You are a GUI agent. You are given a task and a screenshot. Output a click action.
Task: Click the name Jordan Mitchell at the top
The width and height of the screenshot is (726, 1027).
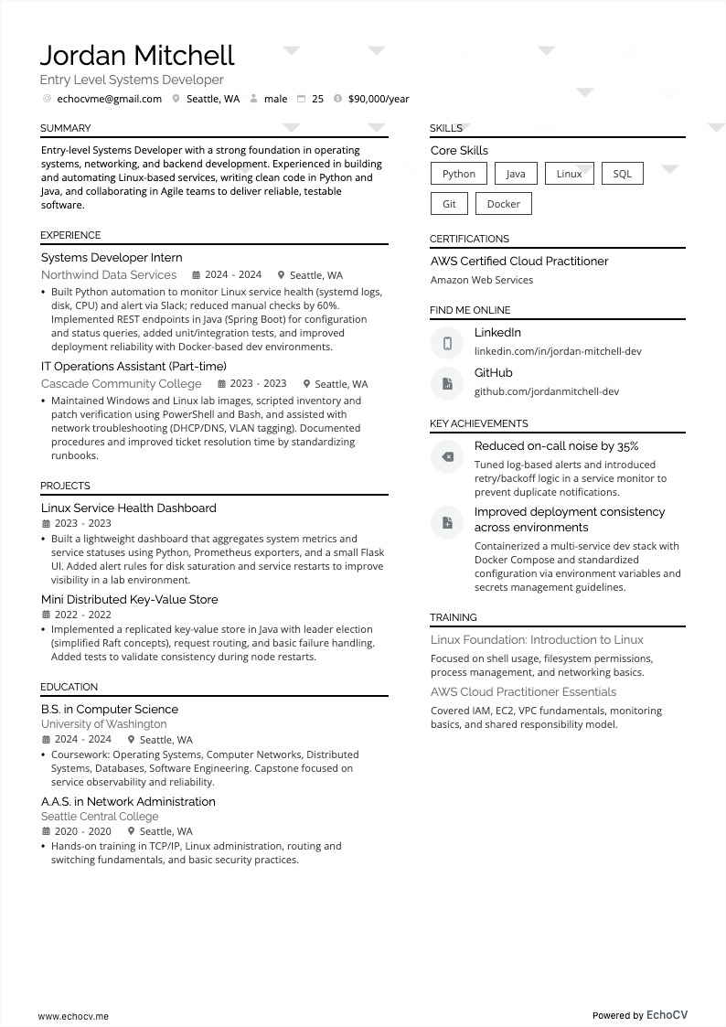tap(137, 56)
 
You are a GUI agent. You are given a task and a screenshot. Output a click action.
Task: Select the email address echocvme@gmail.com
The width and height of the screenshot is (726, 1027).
tap(109, 99)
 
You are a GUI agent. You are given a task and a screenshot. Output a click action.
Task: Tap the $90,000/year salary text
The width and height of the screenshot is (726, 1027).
tap(379, 99)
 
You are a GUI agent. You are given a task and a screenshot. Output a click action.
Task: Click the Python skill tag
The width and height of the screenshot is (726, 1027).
tap(458, 174)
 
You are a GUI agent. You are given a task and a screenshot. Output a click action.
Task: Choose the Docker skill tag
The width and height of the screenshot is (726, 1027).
tap(503, 204)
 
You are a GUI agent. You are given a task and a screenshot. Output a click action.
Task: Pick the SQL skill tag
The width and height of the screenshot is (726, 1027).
tap(622, 174)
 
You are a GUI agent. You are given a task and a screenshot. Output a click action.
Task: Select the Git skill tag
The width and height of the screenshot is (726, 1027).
tap(449, 204)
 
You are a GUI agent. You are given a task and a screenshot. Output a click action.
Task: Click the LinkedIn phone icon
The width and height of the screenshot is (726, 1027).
tap(447, 343)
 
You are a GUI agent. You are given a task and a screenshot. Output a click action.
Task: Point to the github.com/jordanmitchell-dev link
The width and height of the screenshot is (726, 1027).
tap(546, 391)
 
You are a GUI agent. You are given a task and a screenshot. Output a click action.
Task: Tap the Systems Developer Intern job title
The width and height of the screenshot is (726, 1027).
tap(112, 258)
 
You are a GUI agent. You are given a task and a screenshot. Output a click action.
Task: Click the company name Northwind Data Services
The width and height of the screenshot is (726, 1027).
tap(109, 274)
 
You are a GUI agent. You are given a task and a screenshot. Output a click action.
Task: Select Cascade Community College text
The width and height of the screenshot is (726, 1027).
tap(121, 383)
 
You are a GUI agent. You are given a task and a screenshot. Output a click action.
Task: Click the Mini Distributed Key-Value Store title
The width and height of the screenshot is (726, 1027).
tap(129, 600)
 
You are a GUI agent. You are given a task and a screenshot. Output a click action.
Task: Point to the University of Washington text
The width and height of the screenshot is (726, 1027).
tap(103, 724)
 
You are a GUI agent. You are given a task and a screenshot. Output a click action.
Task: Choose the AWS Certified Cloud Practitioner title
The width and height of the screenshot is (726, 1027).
tap(519, 262)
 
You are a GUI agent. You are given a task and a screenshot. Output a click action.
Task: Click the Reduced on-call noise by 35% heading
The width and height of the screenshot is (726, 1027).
tap(556, 446)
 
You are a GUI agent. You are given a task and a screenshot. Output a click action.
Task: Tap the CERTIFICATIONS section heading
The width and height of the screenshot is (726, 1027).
tap(469, 239)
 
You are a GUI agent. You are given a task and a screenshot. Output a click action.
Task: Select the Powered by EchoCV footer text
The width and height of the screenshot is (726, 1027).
tap(639, 1015)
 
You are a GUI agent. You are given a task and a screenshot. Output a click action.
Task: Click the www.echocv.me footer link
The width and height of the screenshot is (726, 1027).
tap(73, 1016)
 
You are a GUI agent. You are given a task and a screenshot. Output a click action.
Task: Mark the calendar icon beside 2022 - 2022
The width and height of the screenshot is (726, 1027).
tap(46, 615)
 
